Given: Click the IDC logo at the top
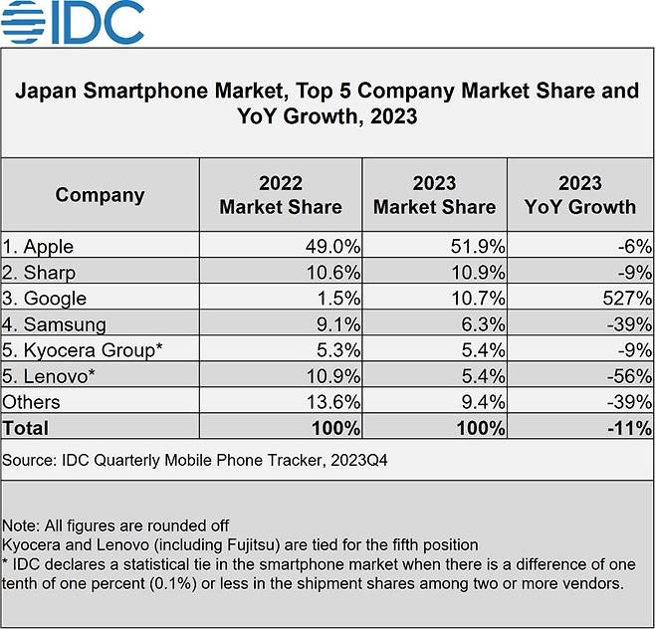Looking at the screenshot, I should click(x=76, y=23).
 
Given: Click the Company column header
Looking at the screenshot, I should click(x=100, y=195).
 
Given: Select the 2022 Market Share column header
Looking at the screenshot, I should click(x=281, y=195).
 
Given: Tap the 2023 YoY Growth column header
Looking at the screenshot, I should click(x=580, y=195).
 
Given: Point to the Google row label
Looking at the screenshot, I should click(x=45, y=298).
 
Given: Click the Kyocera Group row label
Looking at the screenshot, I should click(x=82, y=349).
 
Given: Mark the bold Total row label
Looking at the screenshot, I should click(x=26, y=428).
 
